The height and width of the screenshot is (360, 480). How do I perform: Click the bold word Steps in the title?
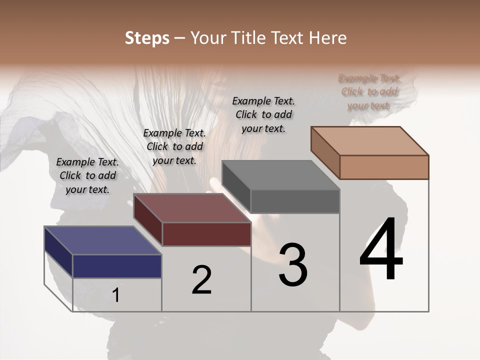click(x=147, y=38)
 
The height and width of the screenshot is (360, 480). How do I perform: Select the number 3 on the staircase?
click(x=293, y=265)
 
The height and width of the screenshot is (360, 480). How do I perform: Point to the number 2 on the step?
click(x=201, y=280)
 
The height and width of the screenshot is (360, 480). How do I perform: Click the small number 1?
click(x=116, y=295)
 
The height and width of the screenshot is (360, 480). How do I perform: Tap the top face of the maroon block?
click(x=192, y=208)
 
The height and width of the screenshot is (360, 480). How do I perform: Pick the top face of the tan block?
click(x=370, y=141)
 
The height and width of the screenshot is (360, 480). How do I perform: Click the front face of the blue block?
click(x=117, y=266)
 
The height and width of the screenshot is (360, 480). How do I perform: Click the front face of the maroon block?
click(x=206, y=234)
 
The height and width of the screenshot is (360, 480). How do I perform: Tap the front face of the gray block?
click(x=295, y=201)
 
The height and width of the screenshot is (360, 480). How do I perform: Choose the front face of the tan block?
click(x=384, y=167)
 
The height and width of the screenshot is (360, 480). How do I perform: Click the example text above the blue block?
click(x=88, y=175)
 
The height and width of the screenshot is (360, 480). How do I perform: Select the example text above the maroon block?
click(x=174, y=146)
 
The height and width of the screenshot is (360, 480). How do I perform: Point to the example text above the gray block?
click(x=263, y=114)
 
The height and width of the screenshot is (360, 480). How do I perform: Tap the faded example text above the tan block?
click(x=369, y=91)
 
